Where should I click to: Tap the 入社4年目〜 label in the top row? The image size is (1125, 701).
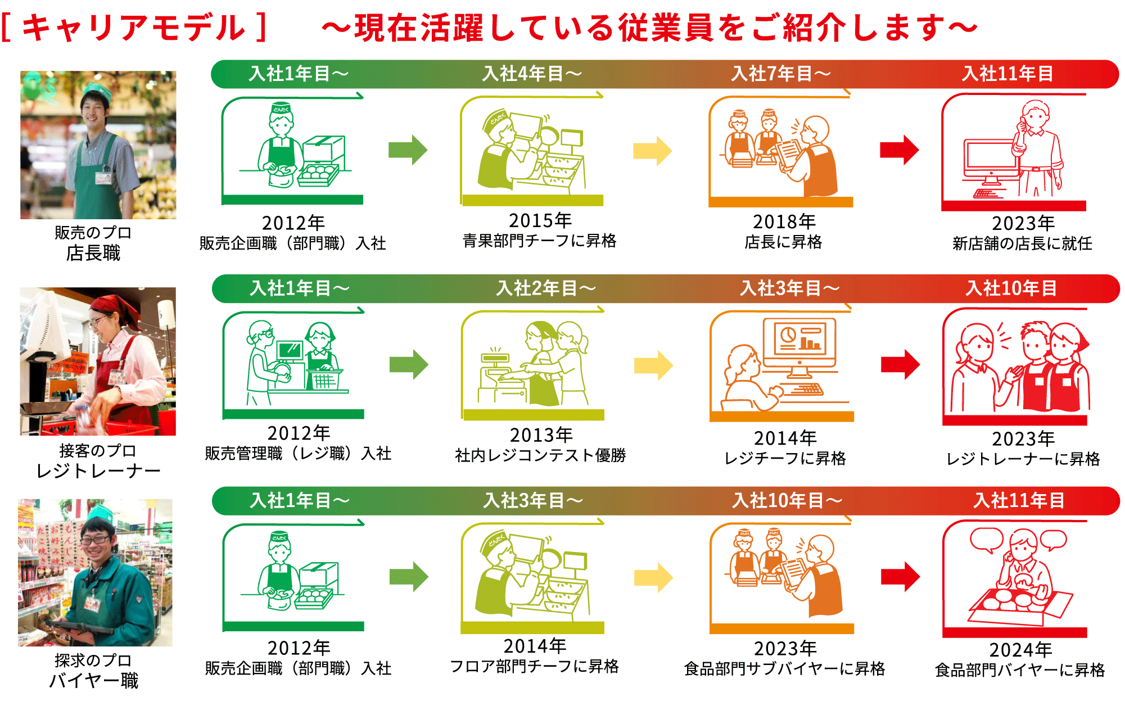coord(532,74)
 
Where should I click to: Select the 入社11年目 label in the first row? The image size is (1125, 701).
coord(1007,74)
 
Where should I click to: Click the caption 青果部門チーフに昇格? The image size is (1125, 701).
coord(539,241)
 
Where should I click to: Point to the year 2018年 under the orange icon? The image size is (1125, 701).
coord(784,221)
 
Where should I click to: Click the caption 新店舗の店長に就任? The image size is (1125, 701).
coord(1022,243)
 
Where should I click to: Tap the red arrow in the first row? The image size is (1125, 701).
coord(899,150)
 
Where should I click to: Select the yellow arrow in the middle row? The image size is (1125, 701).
coord(653,365)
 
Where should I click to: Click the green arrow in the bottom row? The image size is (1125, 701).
coord(409,577)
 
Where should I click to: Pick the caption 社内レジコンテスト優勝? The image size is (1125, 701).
coord(540,455)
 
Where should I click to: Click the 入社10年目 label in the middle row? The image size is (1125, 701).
coord(1011,288)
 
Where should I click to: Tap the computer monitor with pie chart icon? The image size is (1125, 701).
coord(799,340)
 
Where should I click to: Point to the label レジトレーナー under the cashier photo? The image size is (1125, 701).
coord(98,471)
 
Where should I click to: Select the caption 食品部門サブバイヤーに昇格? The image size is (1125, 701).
coord(784,669)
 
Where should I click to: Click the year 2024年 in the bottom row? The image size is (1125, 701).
coord(1020,650)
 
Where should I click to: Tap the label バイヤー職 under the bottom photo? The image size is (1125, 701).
coord(94,681)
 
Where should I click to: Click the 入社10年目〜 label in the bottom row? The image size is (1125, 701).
coord(787,500)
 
